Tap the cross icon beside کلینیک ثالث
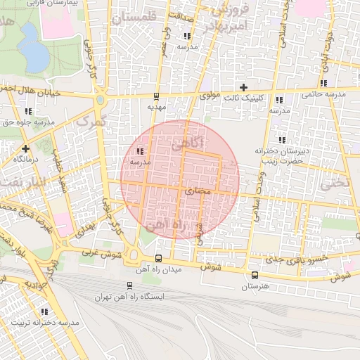click(244, 88)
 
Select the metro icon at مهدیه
click(155, 97)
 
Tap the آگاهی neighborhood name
click(187, 143)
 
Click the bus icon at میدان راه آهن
click(158, 258)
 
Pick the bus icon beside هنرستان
click(255, 275)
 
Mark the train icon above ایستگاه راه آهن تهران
click(129, 285)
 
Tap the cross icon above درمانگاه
click(25, 148)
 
